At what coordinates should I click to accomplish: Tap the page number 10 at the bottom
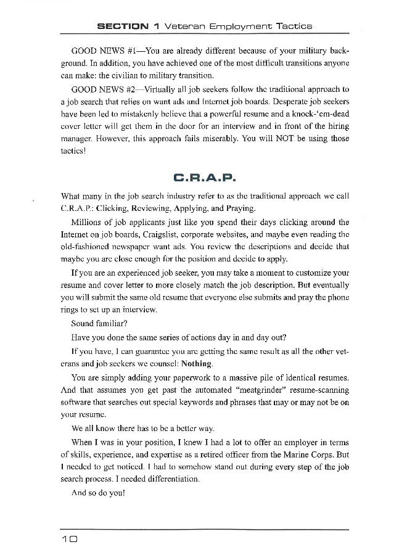68,538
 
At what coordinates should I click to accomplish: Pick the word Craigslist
174,234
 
